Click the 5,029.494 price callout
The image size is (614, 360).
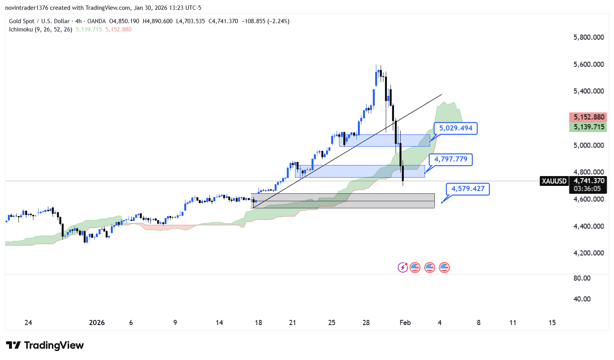455,128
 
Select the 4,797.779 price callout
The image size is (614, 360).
451,159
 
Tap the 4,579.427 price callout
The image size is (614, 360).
467,189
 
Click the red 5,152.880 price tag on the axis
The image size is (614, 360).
588,117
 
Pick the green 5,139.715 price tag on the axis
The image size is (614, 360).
588,127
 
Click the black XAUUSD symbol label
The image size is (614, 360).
554,181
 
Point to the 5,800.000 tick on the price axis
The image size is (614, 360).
588,37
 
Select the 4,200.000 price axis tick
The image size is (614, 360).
588,253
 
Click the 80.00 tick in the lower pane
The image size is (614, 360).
582,278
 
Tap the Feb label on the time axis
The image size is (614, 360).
405,323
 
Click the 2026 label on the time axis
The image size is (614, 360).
97,323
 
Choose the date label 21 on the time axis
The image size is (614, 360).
292,323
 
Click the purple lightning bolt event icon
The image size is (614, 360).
403,268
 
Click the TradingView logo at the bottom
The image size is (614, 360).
45,345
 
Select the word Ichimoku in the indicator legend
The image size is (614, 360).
21,29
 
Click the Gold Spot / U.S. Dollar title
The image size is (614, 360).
39,21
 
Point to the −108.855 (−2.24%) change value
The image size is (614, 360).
265,21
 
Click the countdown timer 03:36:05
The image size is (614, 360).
587,189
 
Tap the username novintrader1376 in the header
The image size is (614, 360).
27,8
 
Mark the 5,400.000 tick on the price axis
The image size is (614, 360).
588,91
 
